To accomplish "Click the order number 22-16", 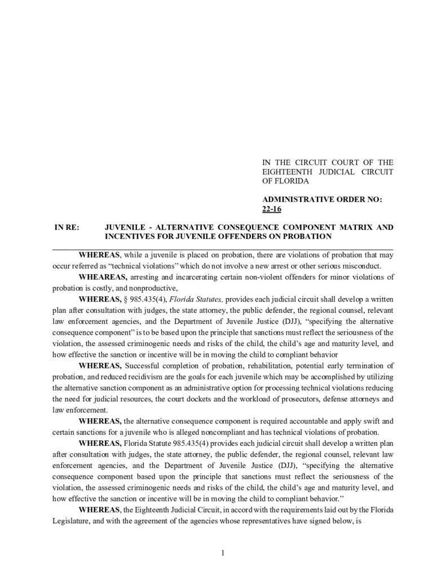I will pyautogui.click(x=271, y=209).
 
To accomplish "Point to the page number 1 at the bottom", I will pyautogui.click(x=223, y=553).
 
